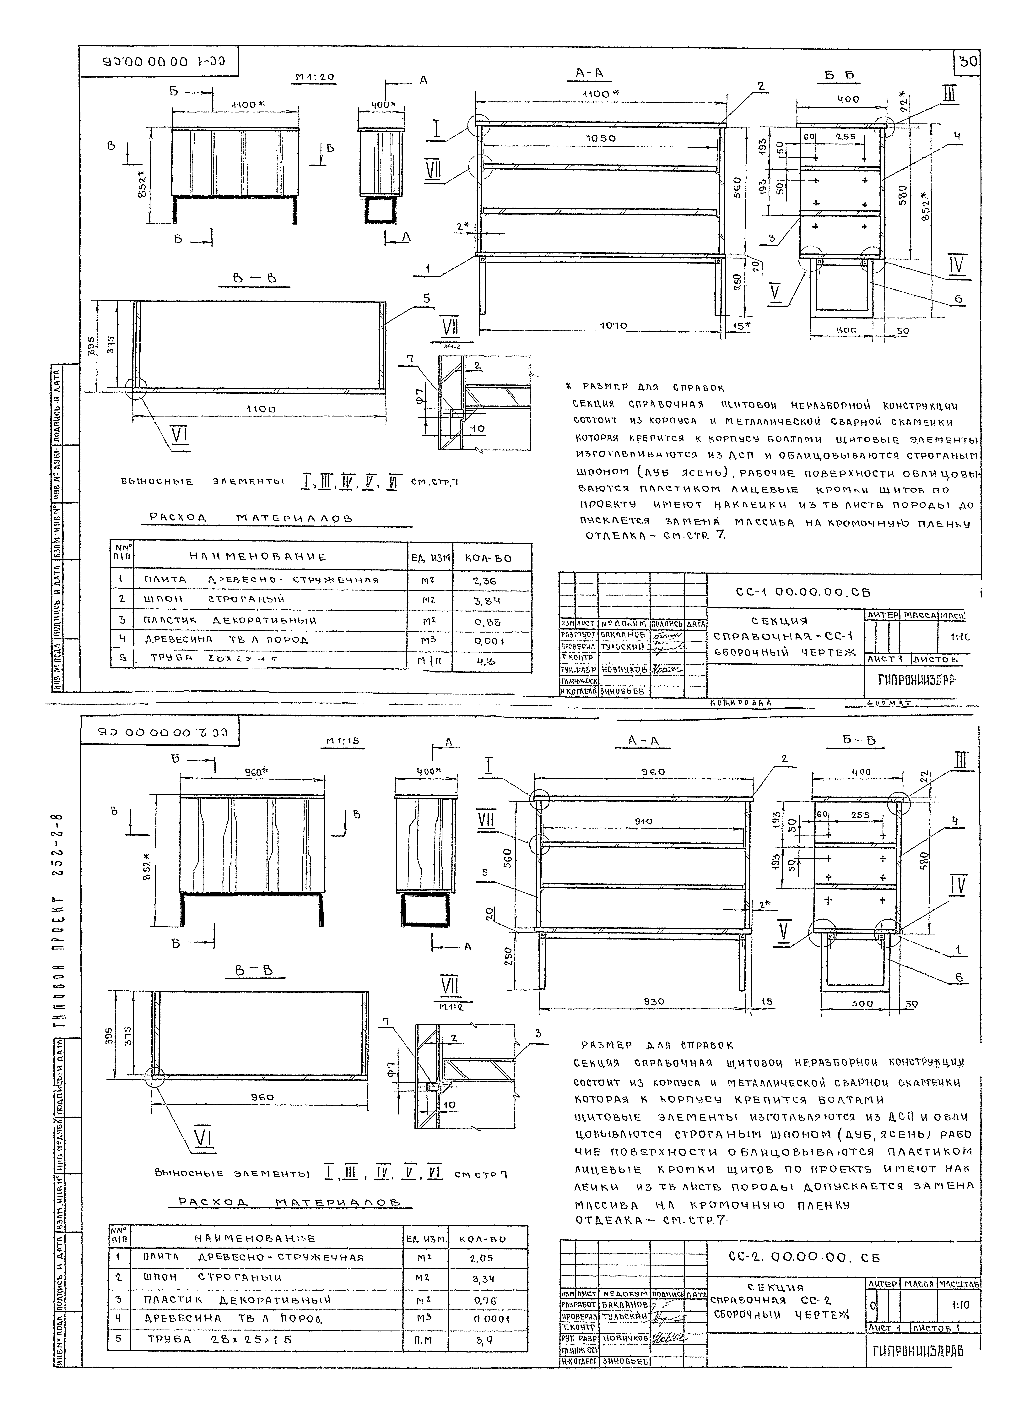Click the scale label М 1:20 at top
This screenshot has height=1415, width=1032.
(314, 78)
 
